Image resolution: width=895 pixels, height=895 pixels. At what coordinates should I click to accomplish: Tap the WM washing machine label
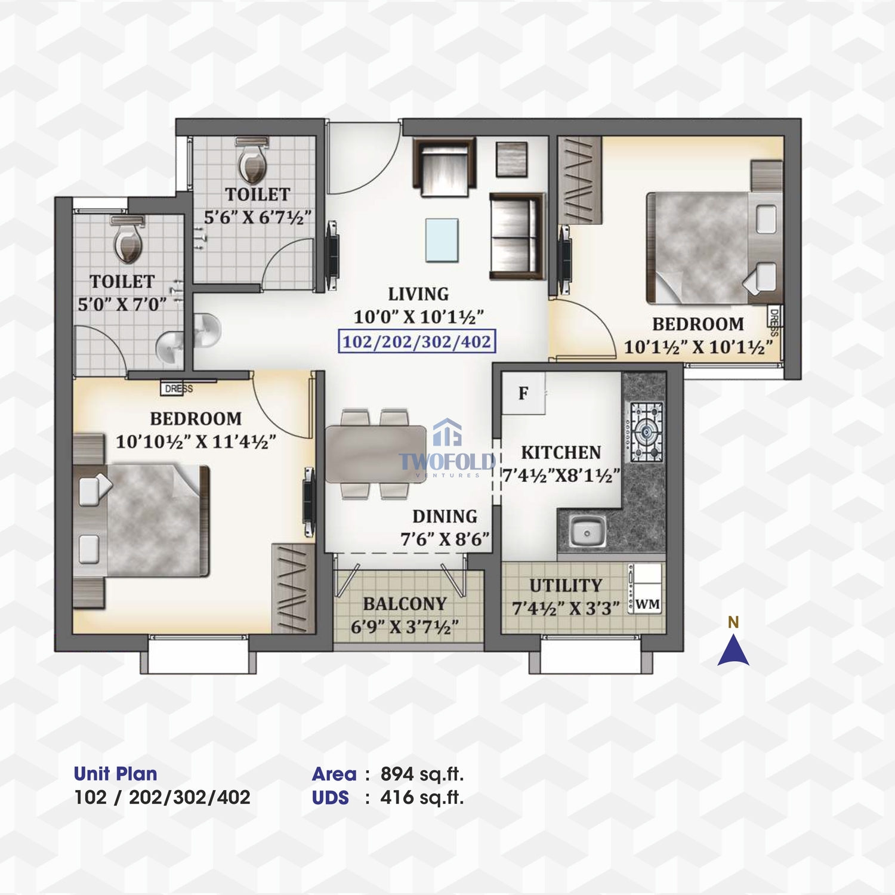coord(647,604)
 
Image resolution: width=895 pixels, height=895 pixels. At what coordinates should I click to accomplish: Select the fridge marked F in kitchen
coord(523,393)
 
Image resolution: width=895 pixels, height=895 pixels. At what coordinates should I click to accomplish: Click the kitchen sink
coord(587,531)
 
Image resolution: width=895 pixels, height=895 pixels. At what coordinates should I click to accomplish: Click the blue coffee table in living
coord(442,240)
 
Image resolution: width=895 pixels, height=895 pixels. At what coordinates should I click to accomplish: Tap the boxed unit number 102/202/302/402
coord(417,342)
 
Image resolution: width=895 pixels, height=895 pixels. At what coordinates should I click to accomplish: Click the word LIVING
coord(418,294)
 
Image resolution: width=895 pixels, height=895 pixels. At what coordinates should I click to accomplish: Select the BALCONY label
coord(405,604)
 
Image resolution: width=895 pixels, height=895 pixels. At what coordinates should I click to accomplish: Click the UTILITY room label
coord(566,585)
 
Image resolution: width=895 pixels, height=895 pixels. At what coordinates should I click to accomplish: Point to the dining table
coord(376,453)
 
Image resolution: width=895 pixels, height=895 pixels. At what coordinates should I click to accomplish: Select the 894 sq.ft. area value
coord(422,774)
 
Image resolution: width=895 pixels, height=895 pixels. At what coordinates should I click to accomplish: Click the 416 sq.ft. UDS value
coord(422,797)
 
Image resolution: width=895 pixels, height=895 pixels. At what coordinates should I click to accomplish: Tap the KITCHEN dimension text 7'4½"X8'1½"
coord(561,476)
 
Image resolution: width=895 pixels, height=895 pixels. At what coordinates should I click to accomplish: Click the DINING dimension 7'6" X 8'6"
coord(445,539)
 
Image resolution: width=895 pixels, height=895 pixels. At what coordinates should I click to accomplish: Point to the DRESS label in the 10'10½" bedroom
coord(178,389)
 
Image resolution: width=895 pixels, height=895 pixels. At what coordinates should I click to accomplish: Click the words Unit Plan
coord(115,774)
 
